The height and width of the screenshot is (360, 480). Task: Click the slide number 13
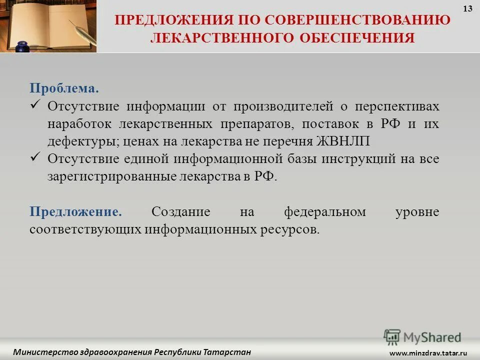(x=468, y=8)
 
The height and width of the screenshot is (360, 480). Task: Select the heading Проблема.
(x=64, y=88)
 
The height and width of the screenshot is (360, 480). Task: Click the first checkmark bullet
(x=35, y=105)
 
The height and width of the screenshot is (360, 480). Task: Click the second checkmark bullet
(x=35, y=157)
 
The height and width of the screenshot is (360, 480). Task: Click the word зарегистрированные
(x=111, y=176)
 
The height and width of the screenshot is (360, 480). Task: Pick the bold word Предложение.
(x=75, y=211)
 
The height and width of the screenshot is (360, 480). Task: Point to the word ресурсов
(x=289, y=229)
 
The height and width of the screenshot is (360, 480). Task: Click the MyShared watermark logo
(x=422, y=336)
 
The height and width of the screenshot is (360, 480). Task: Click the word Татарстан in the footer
(x=227, y=352)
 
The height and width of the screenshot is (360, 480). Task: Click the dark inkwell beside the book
(x=21, y=48)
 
